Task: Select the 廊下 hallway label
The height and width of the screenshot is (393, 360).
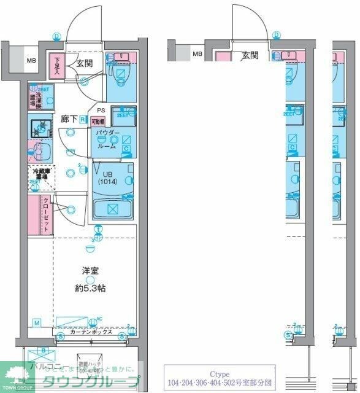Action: [x=67, y=119]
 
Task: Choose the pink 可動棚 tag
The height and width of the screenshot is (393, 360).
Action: [x=98, y=122]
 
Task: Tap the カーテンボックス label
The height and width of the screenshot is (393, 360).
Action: [x=90, y=332]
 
